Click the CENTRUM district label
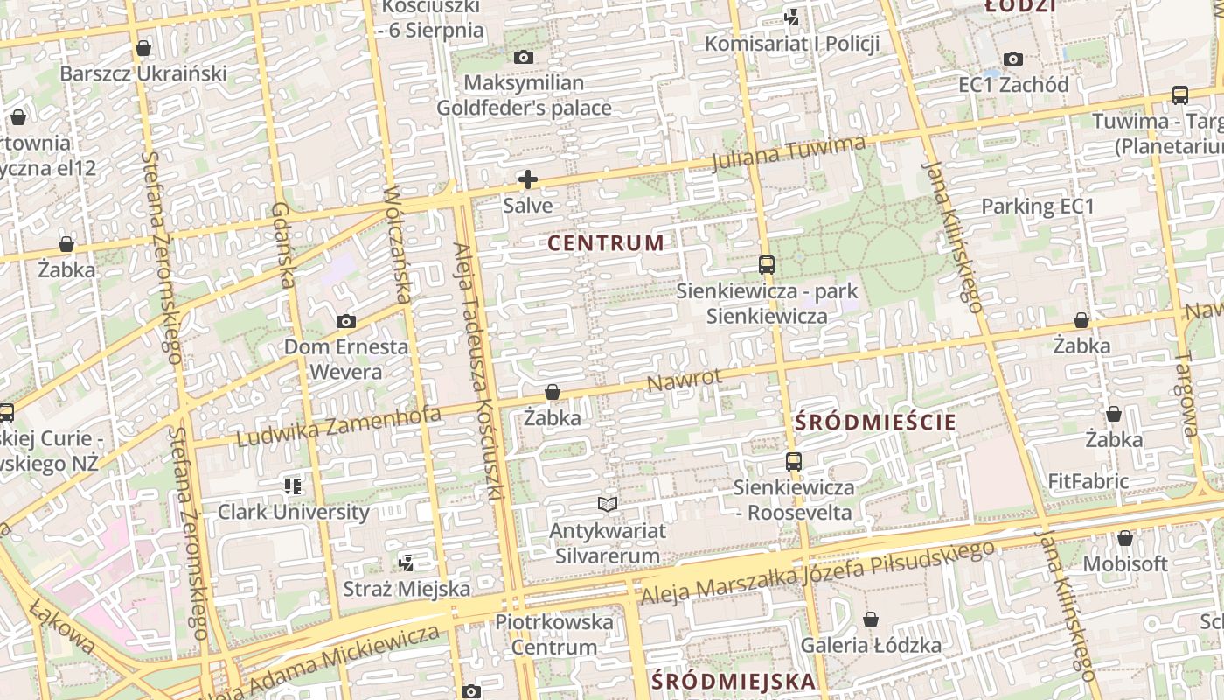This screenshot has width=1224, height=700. [x=606, y=243]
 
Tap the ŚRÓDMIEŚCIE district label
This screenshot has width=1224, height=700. [x=876, y=422]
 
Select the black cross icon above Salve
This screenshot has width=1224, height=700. [x=527, y=180]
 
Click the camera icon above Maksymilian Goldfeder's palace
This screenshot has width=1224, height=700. [x=524, y=58]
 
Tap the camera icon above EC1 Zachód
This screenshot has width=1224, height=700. [x=1013, y=59]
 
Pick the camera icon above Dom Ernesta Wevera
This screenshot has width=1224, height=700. [x=346, y=322]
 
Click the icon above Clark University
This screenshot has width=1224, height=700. [x=293, y=486]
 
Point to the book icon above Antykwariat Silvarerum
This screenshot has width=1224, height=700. [x=608, y=504]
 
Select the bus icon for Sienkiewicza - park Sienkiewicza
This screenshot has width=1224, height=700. [x=767, y=264]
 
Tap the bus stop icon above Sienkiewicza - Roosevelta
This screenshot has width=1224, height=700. [x=794, y=461]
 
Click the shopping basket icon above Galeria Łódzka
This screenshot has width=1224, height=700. [x=871, y=620]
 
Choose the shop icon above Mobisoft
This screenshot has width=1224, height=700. [x=1125, y=538]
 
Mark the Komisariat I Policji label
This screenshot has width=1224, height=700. [x=792, y=44]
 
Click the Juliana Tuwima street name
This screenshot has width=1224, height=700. [x=788, y=154]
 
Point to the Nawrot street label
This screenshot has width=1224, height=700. [x=685, y=381]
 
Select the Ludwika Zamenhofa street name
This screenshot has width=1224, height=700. [x=338, y=426]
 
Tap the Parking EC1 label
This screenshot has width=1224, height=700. [x=1038, y=206]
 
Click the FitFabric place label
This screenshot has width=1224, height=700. [x=1088, y=481]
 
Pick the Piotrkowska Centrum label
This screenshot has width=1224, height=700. [x=554, y=634]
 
